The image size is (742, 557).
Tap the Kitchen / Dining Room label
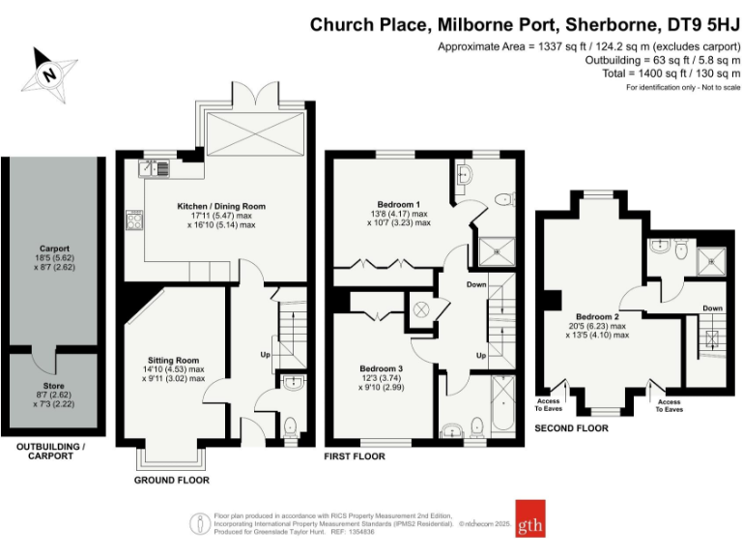[220, 206]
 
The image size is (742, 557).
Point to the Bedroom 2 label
[597, 317]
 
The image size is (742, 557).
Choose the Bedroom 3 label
[381, 368]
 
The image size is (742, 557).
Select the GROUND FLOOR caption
[172, 480]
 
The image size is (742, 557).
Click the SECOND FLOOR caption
[572, 426]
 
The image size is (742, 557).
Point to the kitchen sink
[155, 168]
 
